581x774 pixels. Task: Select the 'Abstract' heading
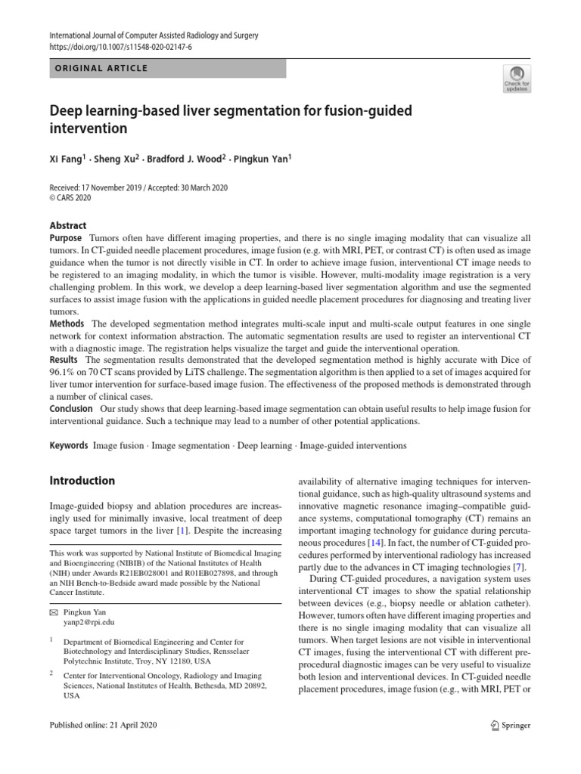click(68, 225)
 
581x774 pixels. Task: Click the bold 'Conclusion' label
click(71, 409)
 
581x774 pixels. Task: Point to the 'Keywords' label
click(69, 446)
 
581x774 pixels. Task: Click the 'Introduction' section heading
click(82, 481)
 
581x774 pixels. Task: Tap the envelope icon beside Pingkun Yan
click(54, 611)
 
